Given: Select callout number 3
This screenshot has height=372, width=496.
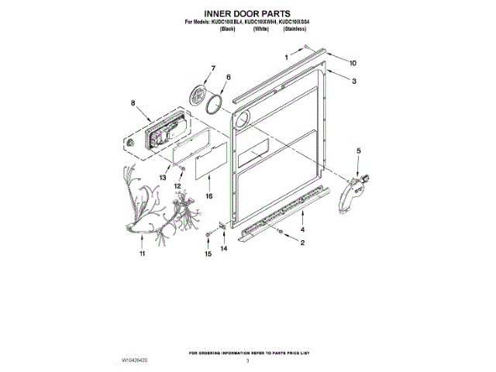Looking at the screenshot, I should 354,81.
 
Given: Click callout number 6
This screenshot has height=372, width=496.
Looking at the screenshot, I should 229,77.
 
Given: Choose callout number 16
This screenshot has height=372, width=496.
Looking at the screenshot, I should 208,197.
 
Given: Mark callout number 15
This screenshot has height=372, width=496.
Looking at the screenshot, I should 208,253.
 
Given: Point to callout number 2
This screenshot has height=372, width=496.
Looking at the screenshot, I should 302,243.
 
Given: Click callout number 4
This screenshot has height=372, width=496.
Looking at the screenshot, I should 302,230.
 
